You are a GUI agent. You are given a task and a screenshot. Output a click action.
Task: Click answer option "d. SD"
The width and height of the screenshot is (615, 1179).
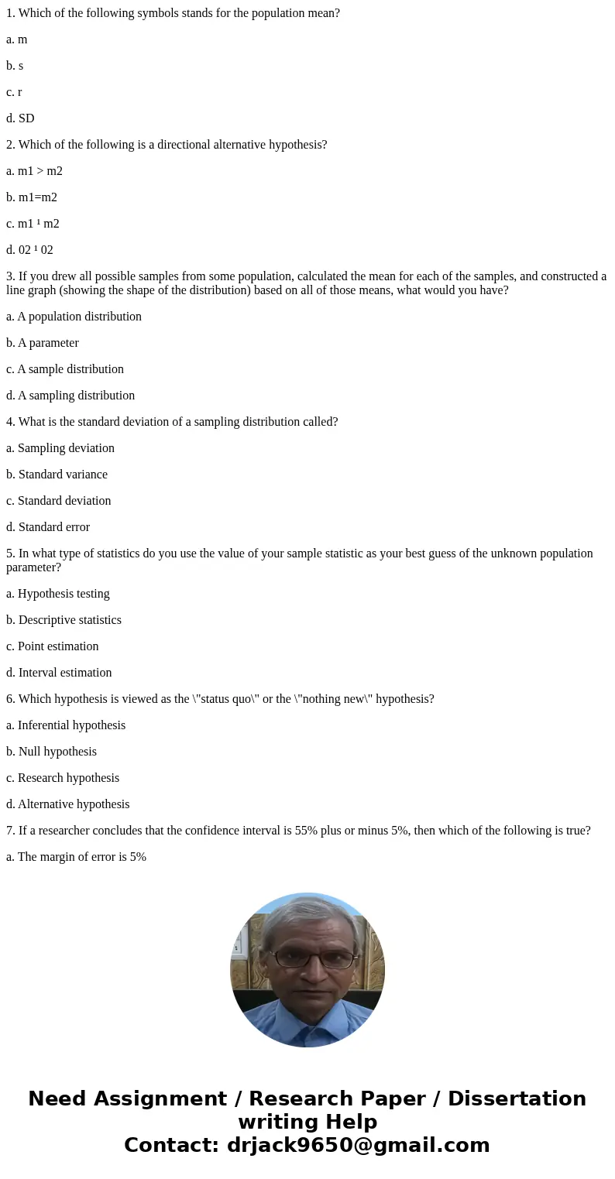point(20,118)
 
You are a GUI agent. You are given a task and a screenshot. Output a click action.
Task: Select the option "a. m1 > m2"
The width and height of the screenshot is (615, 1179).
point(34,171)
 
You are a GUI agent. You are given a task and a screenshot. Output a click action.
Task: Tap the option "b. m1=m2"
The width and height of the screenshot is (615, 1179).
point(32,197)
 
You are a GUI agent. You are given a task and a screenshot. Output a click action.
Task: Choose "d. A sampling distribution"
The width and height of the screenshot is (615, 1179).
point(70,396)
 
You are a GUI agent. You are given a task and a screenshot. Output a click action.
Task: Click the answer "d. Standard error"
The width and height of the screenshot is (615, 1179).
point(48,527)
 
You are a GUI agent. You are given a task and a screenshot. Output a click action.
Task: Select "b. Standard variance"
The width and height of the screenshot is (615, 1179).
point(57,475)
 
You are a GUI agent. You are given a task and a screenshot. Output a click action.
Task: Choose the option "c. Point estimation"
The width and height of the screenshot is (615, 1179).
point(53,646)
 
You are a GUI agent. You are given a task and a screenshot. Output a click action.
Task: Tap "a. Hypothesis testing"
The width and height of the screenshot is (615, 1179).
point(58,594)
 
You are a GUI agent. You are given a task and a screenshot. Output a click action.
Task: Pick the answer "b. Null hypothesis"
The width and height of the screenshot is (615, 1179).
point(51,752)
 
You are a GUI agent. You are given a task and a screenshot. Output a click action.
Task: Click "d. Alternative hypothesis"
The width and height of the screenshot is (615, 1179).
point(68,804)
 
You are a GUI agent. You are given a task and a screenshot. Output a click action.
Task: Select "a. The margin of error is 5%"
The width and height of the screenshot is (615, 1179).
point(76,857)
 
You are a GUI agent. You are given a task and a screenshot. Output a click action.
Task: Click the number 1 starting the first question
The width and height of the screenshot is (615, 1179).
point(10,13)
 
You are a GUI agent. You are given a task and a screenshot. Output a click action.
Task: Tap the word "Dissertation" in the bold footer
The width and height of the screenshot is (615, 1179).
point(517,1098)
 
